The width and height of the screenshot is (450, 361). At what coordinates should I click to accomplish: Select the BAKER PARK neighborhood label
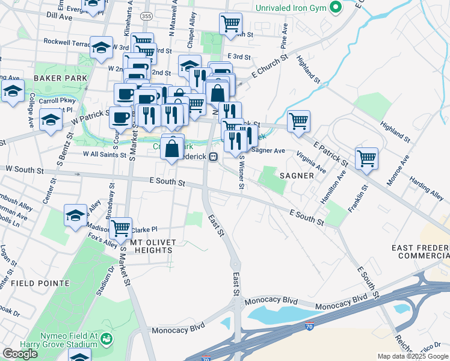click(57, 78)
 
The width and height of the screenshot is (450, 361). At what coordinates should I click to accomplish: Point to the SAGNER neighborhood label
click(296, 176)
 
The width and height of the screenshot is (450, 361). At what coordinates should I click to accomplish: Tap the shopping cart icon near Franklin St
click(366, 159)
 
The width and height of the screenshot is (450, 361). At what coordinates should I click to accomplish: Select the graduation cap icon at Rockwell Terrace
click(102, 47)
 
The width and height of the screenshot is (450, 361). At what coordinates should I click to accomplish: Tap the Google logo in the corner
click(20, 354)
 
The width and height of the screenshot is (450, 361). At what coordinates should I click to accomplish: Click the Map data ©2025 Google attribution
click(412, 356)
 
